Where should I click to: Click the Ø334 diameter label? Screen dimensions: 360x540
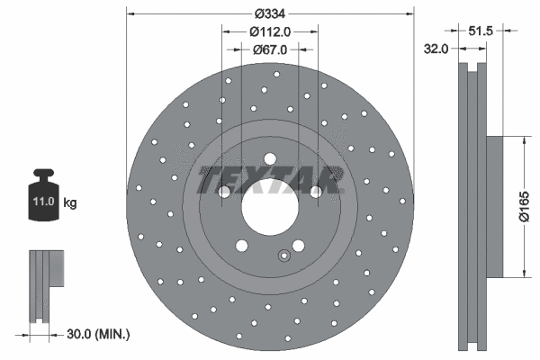tap(269, 13)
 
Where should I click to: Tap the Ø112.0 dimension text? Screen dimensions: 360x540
tap(269, 32)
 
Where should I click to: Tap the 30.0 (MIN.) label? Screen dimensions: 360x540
tap(99, 334)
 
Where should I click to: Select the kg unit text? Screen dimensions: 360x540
tap(69, 202)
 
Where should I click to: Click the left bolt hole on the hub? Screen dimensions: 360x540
tap(224, 191)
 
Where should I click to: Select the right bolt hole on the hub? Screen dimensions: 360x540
tap(316, 191)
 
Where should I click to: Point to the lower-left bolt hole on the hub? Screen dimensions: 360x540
tap(241, 246)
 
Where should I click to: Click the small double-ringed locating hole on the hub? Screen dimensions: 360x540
tap(283, 255)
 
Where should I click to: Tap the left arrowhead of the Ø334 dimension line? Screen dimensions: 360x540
tap(130, 13)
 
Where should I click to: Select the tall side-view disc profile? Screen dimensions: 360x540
tap(472, 207)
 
